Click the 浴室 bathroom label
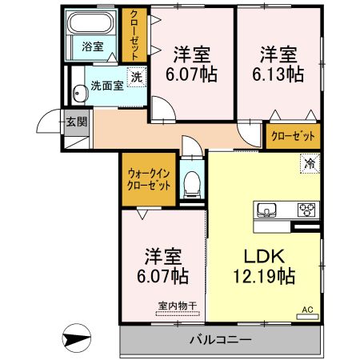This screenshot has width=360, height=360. [93, 46]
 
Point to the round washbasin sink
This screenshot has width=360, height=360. [78, 94]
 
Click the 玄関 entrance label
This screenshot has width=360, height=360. [76, 122]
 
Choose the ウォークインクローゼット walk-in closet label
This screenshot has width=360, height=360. [150, 178]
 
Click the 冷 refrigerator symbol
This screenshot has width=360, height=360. [310, 163]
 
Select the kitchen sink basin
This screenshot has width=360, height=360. [267, 210]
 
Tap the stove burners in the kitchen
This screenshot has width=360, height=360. [306, 210]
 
